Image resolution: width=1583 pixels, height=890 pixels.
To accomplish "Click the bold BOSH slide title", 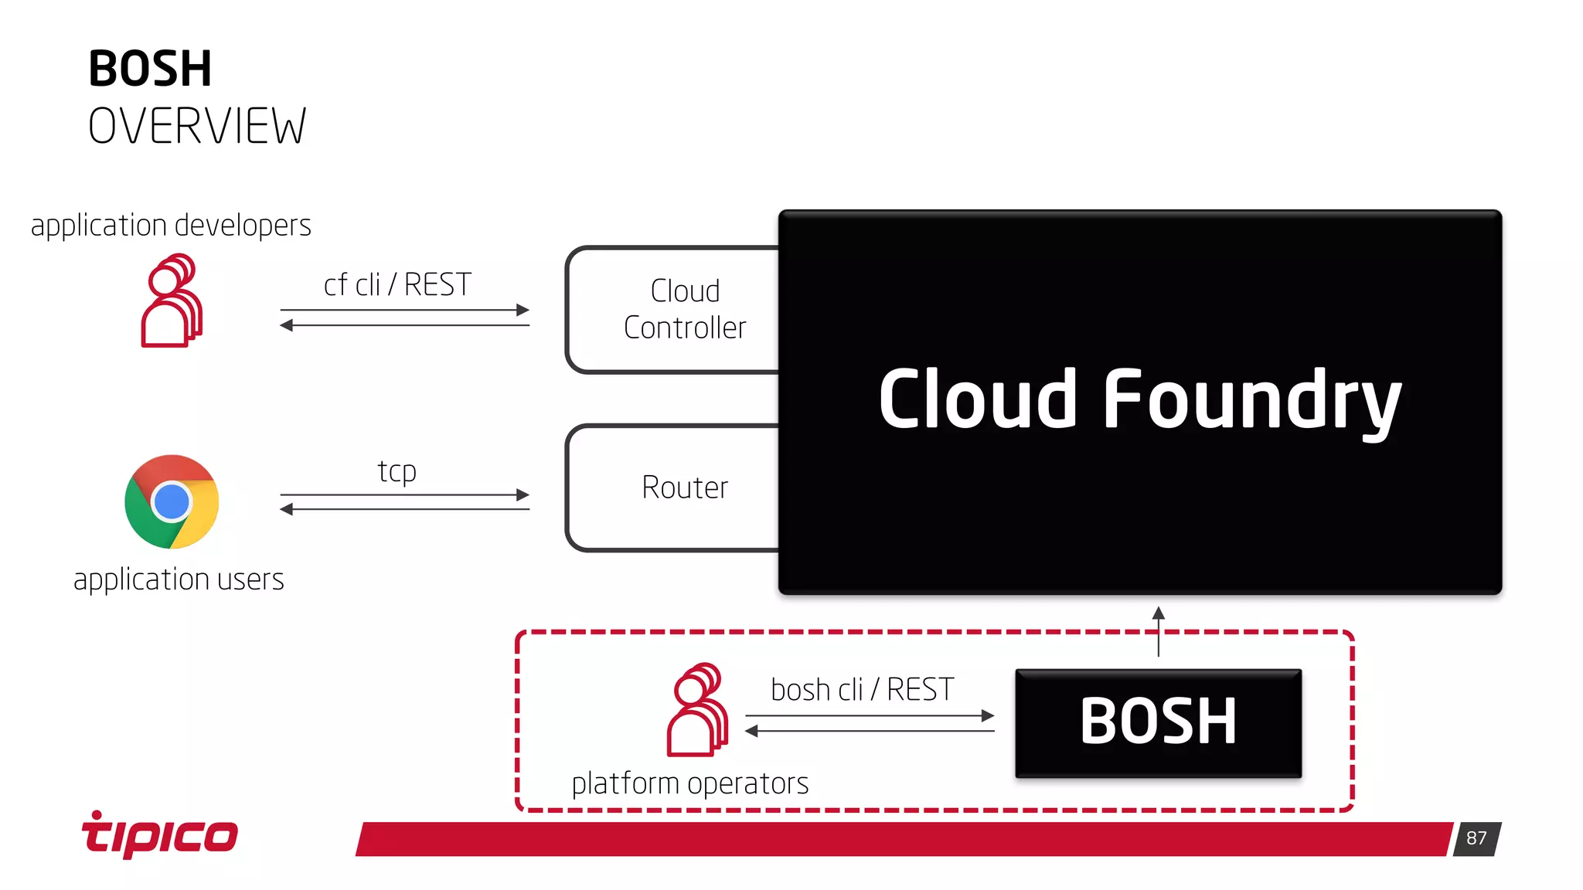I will [150, 69].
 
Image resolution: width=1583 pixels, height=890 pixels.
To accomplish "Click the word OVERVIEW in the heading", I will [197, 127].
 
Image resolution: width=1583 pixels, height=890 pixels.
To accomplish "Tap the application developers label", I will [171, 226].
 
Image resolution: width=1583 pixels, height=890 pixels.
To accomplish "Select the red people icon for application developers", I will [172, 301].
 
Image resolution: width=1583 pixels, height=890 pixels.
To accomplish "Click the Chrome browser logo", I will [172, 502].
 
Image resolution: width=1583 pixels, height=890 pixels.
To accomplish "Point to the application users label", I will [179, 579].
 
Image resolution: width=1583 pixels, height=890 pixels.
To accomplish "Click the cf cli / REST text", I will [397, 285].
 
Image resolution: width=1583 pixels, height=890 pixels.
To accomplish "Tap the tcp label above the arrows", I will [397, 471].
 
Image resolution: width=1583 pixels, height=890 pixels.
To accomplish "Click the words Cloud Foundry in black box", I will [1139, 400].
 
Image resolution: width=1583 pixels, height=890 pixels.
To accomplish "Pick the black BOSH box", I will [1158, 722].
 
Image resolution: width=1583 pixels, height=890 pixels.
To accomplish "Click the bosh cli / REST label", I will [862, 689].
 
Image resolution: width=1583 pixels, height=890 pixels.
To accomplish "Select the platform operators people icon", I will [697, 710].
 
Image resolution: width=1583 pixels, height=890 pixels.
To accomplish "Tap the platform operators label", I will [689, 783].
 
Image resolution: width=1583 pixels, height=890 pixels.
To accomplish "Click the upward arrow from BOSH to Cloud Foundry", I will [1158, 630].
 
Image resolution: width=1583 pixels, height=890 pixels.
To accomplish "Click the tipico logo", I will [160, 834].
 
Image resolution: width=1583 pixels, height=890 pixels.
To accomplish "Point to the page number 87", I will [1476, 838].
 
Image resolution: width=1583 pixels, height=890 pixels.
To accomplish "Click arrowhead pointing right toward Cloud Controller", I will [523, 310].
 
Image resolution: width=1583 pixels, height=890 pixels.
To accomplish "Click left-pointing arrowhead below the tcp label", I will [287, 509].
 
